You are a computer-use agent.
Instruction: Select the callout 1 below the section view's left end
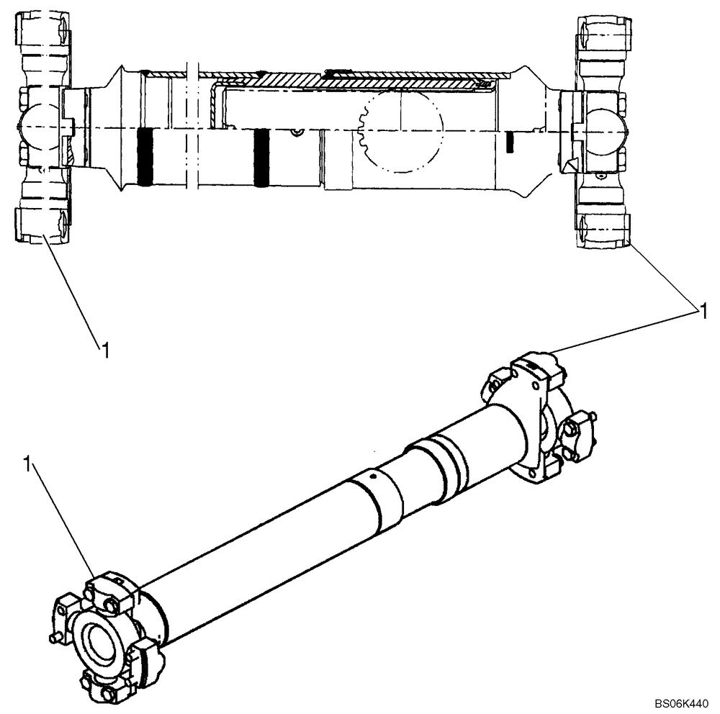tap(105, 351)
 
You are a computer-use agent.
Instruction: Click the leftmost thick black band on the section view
tap(145, 158)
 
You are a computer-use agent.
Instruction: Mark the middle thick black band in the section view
tap(261, 158)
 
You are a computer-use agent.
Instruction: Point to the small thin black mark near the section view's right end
tap(508, 143)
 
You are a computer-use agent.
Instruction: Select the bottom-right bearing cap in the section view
tap(603, 230)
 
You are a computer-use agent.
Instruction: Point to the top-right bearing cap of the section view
tap(603, 32)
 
